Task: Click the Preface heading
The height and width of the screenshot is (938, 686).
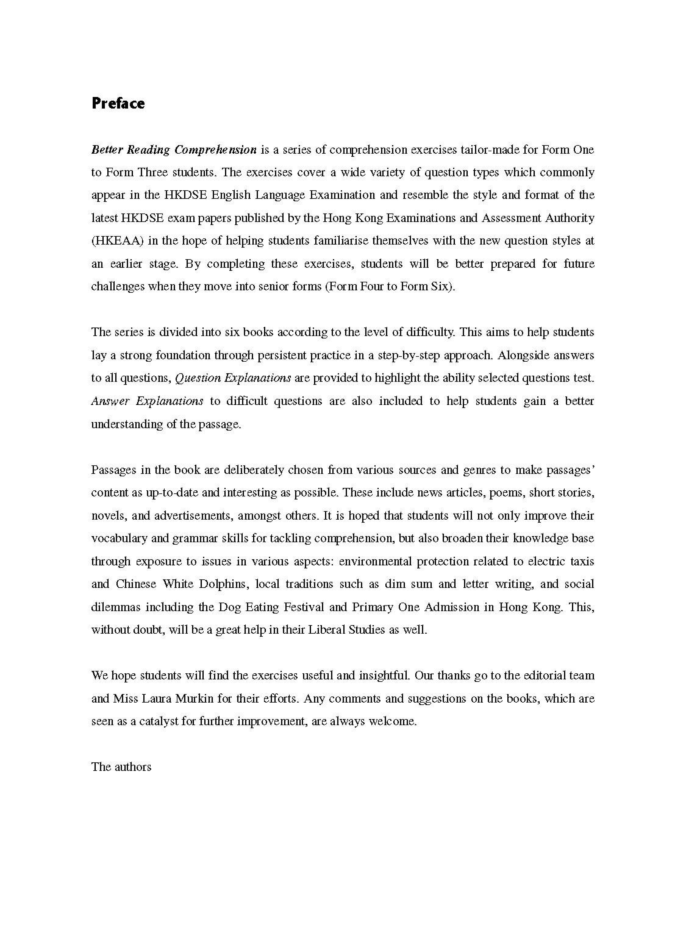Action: tap(118, 103)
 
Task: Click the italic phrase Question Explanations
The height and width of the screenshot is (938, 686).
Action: tap(233, 378)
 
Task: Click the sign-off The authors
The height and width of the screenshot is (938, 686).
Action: tap(121, 767)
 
